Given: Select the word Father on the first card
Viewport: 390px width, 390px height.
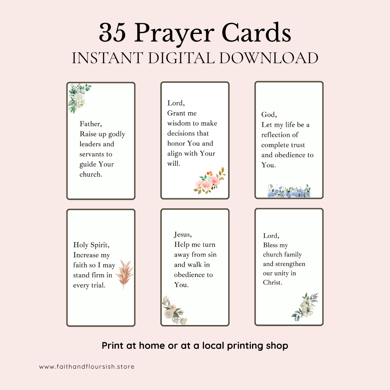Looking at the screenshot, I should click(x=90, y=124).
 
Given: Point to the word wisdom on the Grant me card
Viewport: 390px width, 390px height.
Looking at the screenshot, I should click(x=181, y=123).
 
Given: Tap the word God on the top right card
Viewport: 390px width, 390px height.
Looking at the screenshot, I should click(x=269, y=115).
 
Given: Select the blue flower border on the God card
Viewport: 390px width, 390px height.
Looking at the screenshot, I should click(x=289, y=191).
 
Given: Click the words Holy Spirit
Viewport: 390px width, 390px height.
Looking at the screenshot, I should click(x=91, y=245).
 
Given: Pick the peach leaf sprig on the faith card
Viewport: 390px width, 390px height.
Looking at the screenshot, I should click(x=124, y=274).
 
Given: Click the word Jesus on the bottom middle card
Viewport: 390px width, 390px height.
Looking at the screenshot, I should click(x=183, y=235).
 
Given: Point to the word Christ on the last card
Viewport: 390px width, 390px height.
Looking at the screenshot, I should click(x=272, y=283).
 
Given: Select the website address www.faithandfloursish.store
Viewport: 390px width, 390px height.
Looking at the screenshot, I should click(x=87, y=367).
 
